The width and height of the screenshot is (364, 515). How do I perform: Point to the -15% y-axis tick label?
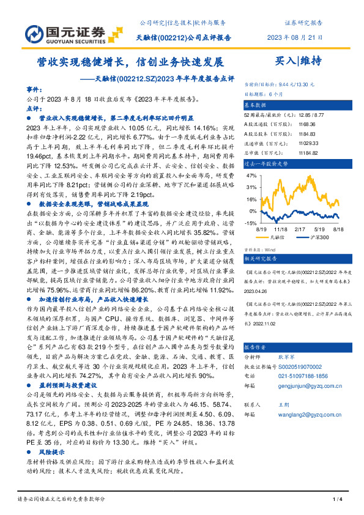pos(251,223)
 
